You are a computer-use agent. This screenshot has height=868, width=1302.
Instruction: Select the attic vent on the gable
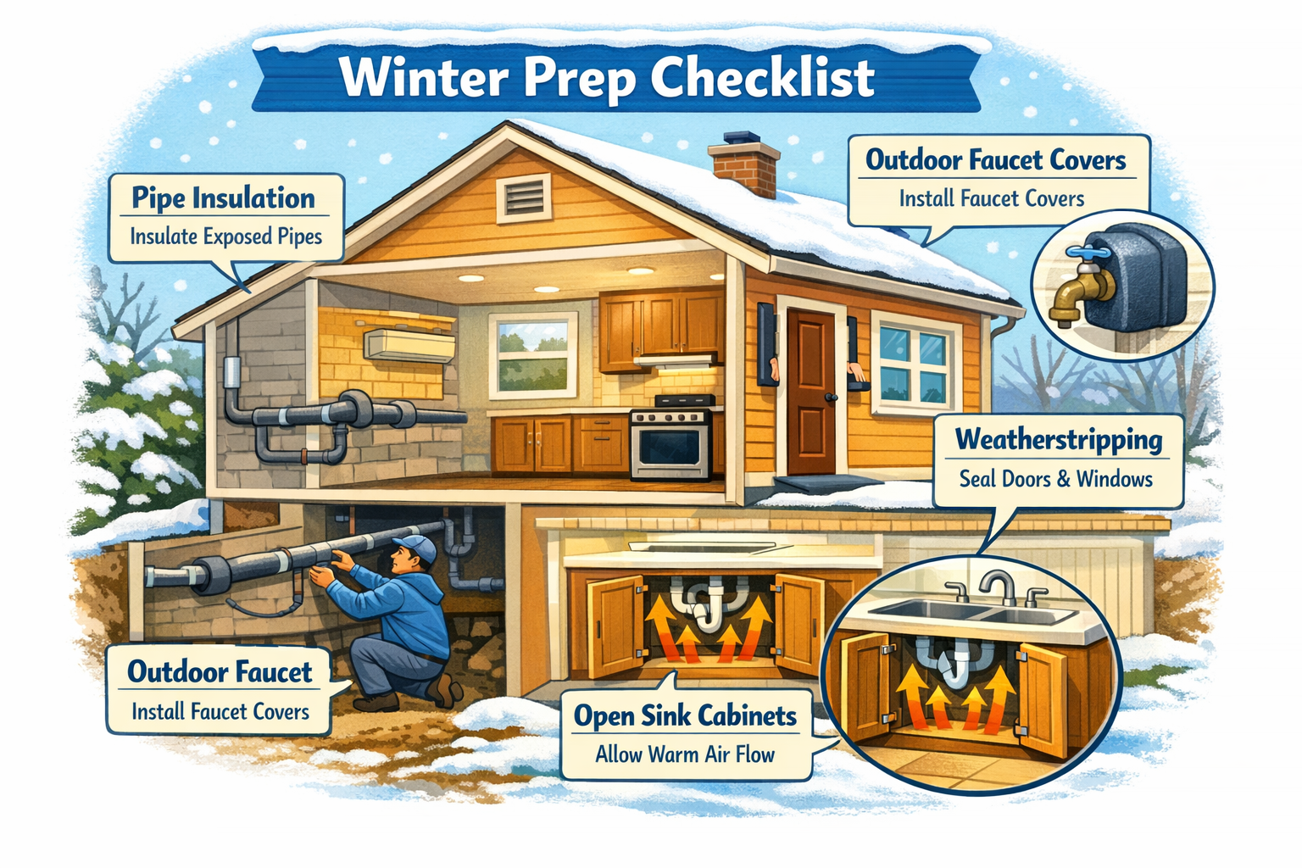(x=522, y=198)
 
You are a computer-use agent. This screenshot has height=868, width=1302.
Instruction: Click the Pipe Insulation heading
(x=224, y=198)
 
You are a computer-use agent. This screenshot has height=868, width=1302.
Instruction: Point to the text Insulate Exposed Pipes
(x=226, y=236)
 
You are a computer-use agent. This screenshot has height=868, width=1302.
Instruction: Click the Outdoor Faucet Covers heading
(x=995, y=160)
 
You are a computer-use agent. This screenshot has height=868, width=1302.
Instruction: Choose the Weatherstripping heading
(x=1058, y=440)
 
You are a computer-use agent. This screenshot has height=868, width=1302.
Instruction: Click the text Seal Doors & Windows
(x=1055, y=479)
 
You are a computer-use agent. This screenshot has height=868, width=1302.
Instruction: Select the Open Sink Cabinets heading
(x=685, y=716)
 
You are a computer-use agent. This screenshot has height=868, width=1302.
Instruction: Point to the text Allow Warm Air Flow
(x=685, y=754)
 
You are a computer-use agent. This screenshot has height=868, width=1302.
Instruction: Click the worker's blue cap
(x=416, y=547)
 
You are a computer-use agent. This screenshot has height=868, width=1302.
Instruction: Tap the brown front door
(x=811, y=392)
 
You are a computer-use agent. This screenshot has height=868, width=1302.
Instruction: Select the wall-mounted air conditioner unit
(x=409, y=345)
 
